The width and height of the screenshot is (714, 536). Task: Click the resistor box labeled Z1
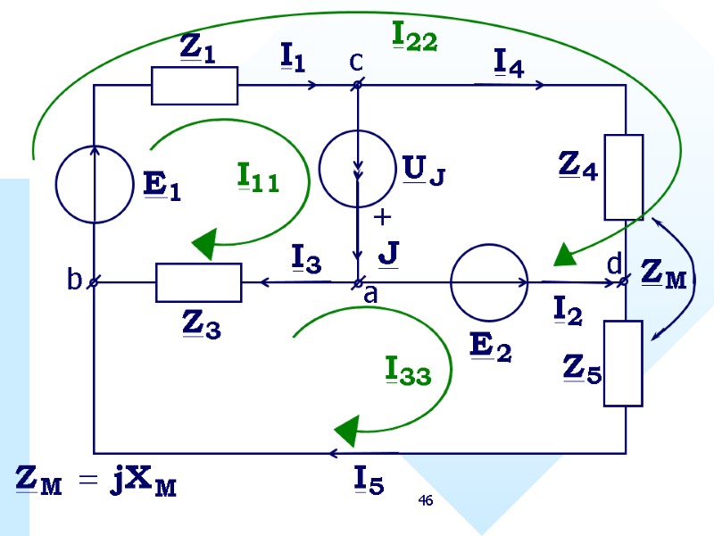pyautogui.click(x=195, y=86)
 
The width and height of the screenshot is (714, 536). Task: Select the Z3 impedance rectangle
pyautogui.click(x=198, y=282)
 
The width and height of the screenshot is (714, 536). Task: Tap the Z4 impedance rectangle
pyautogui.click(x=624, y=177)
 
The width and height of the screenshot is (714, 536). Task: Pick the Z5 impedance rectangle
pyautogui.click(x=624, y=363)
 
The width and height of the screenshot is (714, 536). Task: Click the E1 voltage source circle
pyautogui.click(x=94, y=185)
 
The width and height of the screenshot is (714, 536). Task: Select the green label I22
pyautogui.click(x=415, y=36)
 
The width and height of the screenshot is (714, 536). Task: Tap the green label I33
pyautogui.click(x=408, y=370)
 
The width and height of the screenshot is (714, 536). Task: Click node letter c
pyautogui.click(x=355, y=61)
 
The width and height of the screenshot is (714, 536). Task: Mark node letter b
pyautogui.click(x=74, y=281)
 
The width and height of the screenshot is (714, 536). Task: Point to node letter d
pyautogui.click(x=613, y=264)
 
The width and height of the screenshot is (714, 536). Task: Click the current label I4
pyautogui.click(x=508, y=62)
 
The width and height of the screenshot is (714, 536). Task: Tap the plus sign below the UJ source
pyautogui.click(x=383, y=217)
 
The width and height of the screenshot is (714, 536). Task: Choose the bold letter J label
pyautogui.click(x=387, y=253)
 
